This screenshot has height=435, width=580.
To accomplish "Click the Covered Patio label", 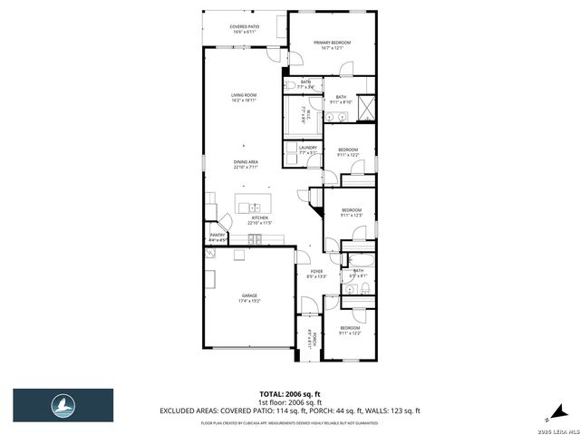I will coord(245,27).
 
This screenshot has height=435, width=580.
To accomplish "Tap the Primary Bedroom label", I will coord(332,43).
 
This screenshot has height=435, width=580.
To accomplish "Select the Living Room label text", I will coord(244,94).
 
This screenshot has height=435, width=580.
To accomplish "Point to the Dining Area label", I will coord(246,161).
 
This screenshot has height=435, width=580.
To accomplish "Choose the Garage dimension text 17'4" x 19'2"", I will coord(250,300).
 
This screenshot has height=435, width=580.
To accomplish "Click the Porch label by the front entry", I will coord(314,340).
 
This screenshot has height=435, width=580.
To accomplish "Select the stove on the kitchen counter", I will coord(257,239).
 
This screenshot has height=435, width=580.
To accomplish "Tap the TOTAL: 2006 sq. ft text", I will coord(290,394).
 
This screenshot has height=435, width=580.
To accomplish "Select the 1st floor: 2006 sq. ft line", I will coord(290,402).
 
